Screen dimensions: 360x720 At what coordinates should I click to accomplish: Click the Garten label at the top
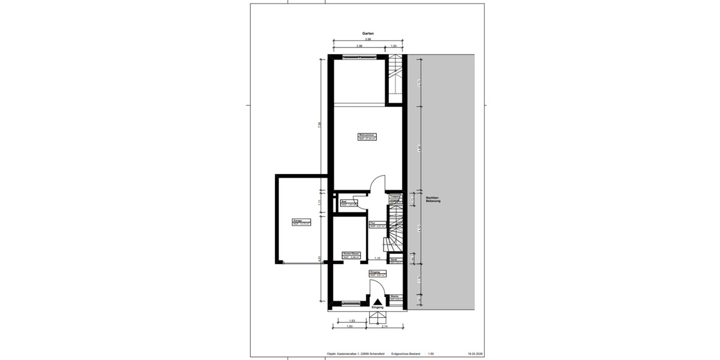point(368,34)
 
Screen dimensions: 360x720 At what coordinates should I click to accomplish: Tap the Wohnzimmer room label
point(367,136)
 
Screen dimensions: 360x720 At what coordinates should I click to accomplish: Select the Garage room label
point(298,221)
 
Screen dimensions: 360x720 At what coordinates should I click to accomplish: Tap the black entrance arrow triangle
point(377,302)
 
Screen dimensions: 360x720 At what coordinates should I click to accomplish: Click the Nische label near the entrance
point(395,297)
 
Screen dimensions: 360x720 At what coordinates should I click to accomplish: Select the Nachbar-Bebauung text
point(433,199)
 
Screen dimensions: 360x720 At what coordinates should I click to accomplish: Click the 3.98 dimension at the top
point(368,40)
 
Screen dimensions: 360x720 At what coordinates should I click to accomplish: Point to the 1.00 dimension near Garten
point(394,46)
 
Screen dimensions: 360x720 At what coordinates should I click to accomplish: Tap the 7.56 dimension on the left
point(320,124)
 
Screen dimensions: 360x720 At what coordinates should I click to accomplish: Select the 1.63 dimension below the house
point(351,321)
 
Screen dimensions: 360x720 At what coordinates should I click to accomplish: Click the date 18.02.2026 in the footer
point(475,354)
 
